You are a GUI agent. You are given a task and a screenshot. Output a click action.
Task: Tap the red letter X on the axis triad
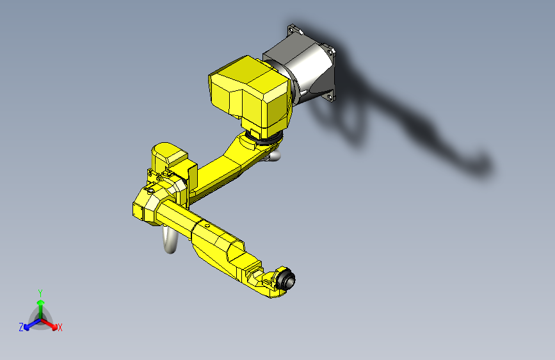[60, 328]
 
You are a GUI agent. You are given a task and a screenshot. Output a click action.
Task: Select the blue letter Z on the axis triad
[21, 327]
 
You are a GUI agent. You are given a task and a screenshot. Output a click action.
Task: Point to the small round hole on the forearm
[206, 225]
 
